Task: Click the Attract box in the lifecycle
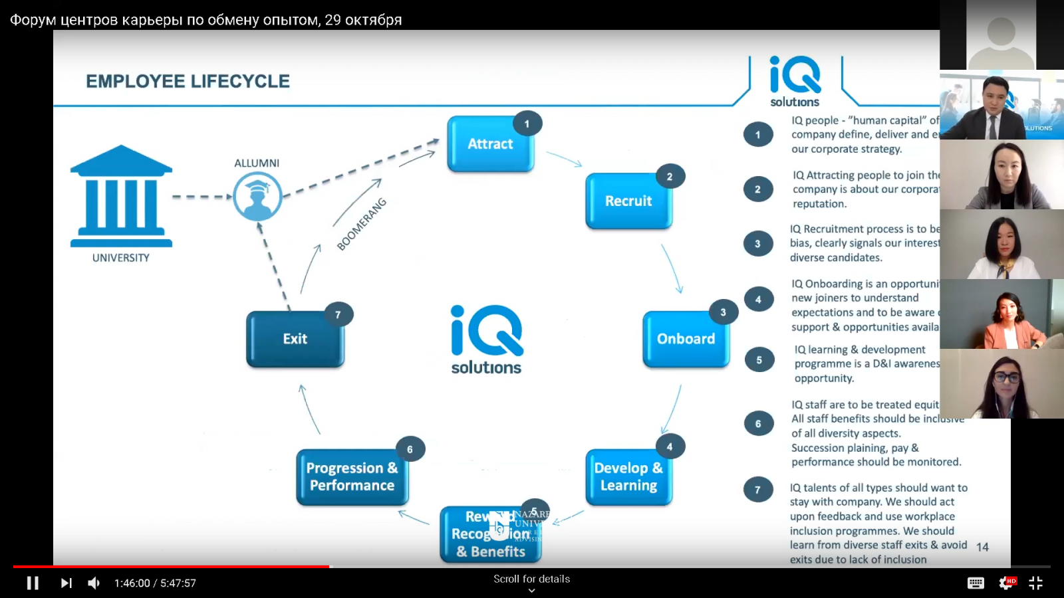click(x=490, y=144)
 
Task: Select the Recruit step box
click(x=628, y=201)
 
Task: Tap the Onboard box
click(x=686, y=339)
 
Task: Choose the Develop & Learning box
click(x=628, y=477)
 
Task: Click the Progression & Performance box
click(x=352, y=477)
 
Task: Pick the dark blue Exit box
click(x=295, y=339)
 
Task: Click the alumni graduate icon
click(x=257, y=197)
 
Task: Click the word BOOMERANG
click(x=361, y=225)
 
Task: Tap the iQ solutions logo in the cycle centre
click(x=487, y=340)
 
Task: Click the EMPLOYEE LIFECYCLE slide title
click(x=188, y=82)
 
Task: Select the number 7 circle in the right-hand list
click(x=757, y=490)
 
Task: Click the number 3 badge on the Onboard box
click(x=723, y=312)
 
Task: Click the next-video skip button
click(x=66, y=583)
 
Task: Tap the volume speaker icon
click(x=94, y=583)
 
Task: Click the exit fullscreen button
click(x=1035, y=583)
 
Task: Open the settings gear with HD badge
click(x=1006, y=583)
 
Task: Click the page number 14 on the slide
click(x=982, y=547)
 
